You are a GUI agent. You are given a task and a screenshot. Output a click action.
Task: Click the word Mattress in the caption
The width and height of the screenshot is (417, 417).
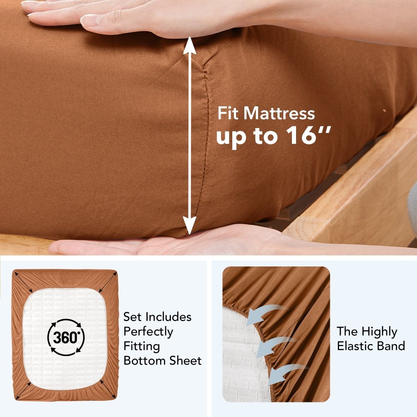tap(279, 113)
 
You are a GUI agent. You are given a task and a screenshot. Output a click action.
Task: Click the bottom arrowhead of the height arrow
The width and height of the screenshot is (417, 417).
tap(189, 225)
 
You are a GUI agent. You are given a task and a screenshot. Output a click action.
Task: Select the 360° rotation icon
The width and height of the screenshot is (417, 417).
tap(66, 337)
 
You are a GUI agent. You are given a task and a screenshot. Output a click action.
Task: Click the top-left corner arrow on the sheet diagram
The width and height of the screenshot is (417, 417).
tap(24, 282)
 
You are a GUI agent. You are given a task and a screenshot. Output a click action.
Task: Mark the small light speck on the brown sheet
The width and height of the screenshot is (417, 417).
tap(384, 111)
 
